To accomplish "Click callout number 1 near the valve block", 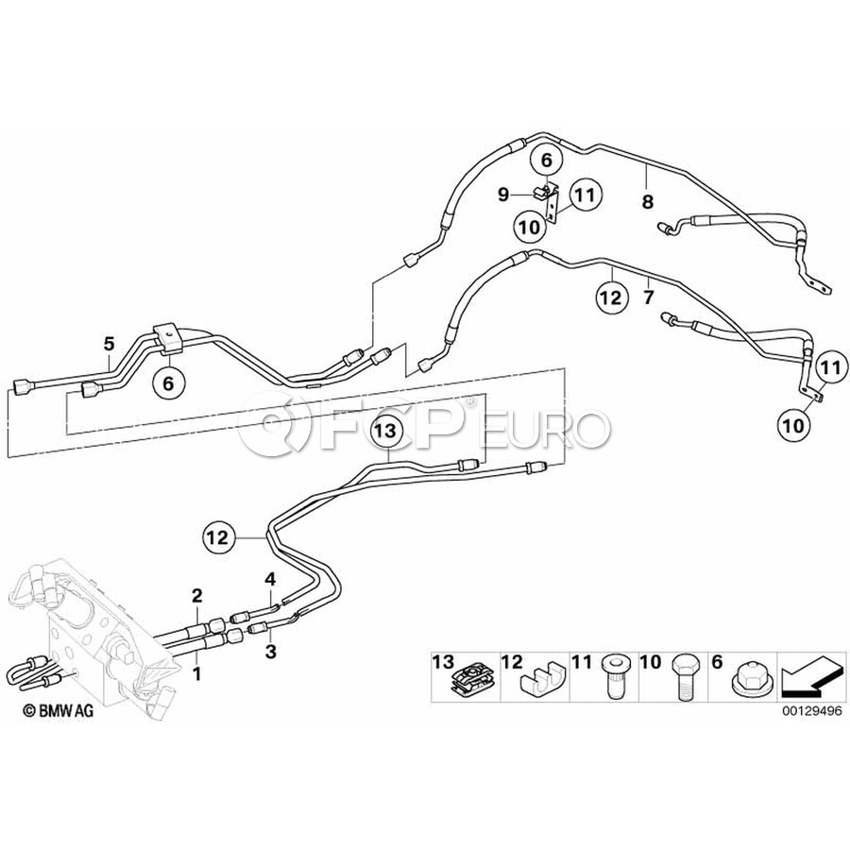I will [197, 674].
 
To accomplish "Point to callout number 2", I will [197, 595].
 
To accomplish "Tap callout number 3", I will [270, 652].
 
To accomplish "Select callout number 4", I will [270, 578].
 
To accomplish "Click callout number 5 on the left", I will [109, 342].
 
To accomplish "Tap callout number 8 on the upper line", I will [647, 201].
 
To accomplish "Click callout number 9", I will [503, 195].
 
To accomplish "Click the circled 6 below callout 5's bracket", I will [169, 383].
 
